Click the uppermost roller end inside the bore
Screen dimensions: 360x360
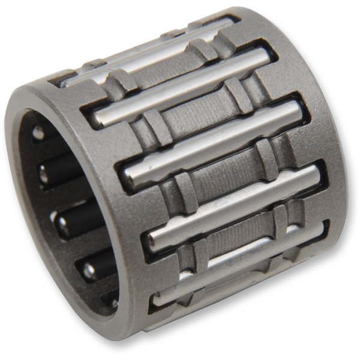point(38,132)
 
